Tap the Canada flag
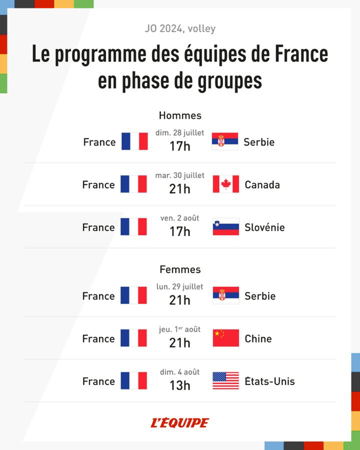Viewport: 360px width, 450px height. pos(225,184)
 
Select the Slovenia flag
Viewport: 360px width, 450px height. pos(225,227)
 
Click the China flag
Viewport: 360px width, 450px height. pos(225,338)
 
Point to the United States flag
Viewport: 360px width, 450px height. pos(225,381)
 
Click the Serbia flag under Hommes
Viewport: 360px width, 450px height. pos(225,142)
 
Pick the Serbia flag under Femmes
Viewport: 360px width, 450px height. pos(225,296)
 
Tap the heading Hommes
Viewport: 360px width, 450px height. pos(180,115)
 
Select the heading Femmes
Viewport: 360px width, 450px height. pos(180,269)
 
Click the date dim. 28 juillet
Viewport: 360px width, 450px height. pos(180,133)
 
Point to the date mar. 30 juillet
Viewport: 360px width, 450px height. pos(180,175)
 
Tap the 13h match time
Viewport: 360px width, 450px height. pos(180,386)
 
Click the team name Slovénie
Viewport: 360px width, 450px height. pos(265,227)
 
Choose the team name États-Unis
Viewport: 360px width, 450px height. pos(270,382)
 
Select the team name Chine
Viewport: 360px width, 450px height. pos(258,338)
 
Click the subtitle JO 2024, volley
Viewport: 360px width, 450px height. pos(180,29)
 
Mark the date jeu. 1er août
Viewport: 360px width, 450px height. pos(180,329)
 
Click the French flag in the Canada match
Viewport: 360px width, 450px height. pos(133,184)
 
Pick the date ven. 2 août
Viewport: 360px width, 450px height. pos(180,218)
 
